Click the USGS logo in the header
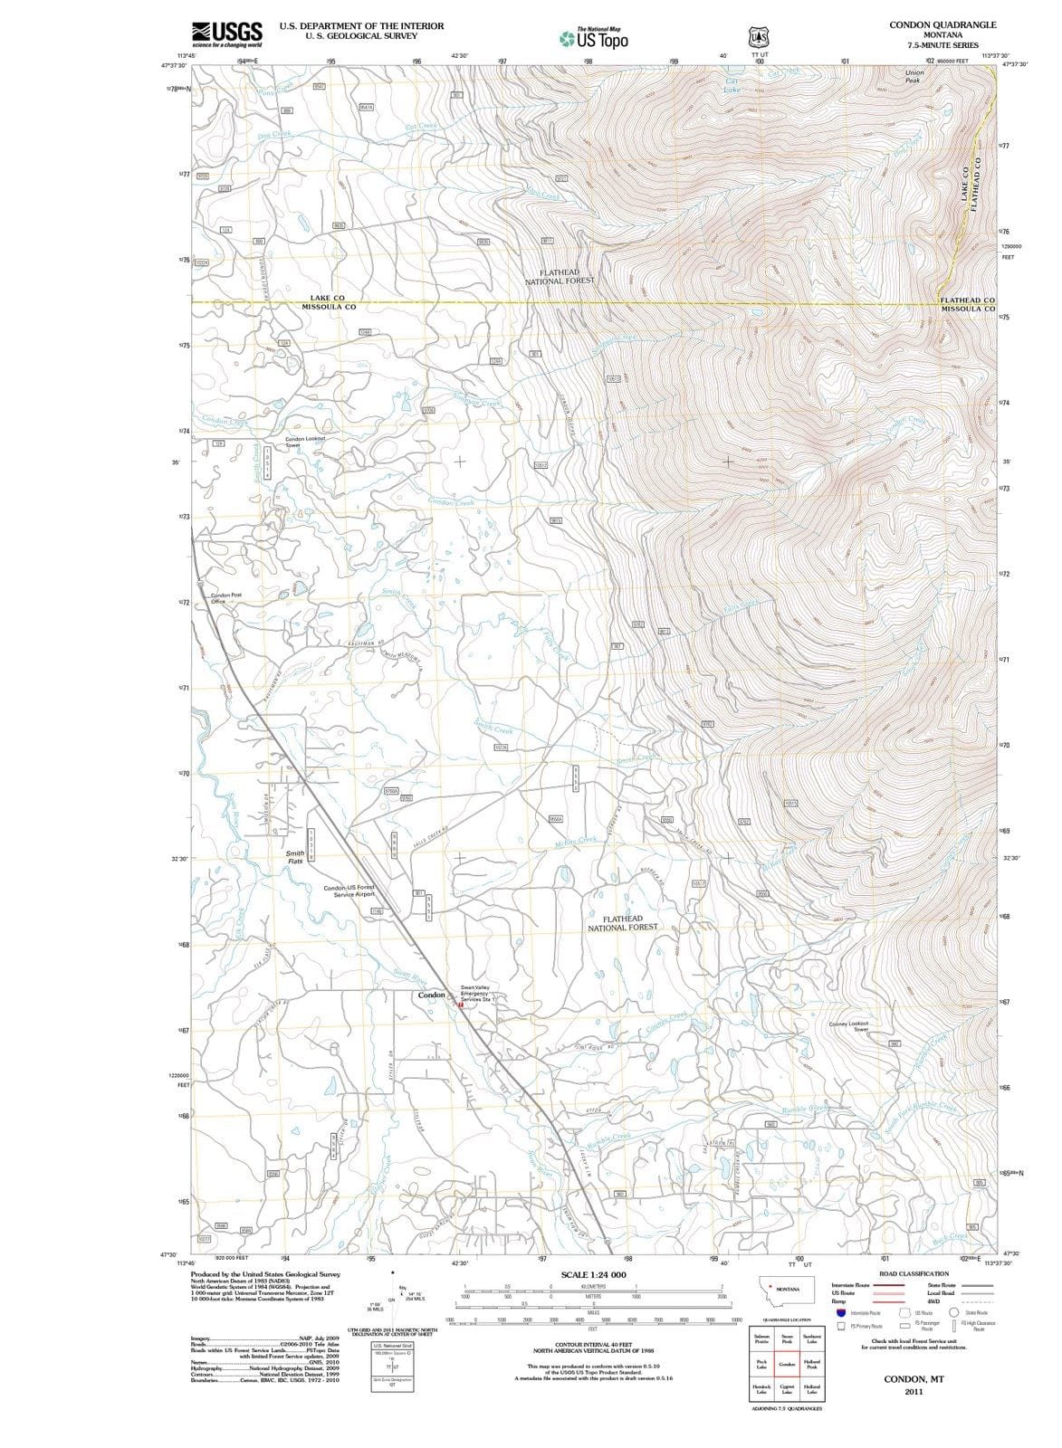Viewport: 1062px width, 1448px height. (226, 34)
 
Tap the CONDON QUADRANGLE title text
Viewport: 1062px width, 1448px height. (942, 25)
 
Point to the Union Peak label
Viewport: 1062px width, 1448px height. (914, 76)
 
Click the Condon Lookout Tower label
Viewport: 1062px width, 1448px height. (305, 442)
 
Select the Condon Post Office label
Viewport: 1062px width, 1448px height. (225, 598)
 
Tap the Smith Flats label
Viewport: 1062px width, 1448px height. (295, 857)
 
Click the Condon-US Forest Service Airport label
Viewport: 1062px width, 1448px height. (349, 891)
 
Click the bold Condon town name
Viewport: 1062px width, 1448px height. (431, 995)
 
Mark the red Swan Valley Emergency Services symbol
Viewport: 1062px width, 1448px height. (461, 1005)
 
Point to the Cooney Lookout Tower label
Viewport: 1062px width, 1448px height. (848, 1026)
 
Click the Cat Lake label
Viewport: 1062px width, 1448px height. (732, 85)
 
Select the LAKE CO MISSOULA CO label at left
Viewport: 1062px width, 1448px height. (328, 302)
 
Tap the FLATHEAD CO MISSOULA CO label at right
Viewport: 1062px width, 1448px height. (968, 304)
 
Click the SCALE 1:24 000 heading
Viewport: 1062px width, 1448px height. (593, 1274)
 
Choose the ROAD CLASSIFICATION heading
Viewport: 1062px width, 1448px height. (914, 1273)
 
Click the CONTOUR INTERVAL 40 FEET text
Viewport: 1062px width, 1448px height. (593, 1346)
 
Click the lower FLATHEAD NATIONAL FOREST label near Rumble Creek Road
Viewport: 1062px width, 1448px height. (623, 923)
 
